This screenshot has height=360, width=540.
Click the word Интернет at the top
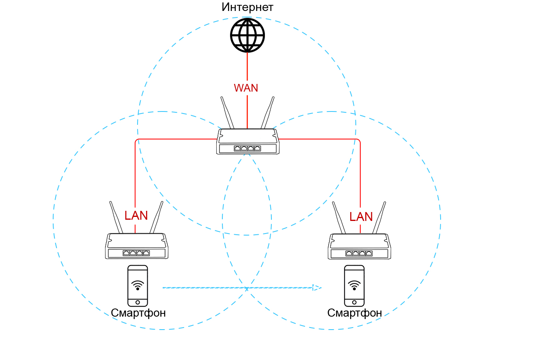click(x=247, y=7)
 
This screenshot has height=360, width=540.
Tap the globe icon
click(x=247, y=35)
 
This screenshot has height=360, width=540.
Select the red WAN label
click(x=246, y=88)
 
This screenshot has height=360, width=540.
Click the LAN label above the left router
click(x=136, y=216)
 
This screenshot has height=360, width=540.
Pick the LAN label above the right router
click(x=361, y=217)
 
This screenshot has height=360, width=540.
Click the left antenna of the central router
click(x=227, y=112)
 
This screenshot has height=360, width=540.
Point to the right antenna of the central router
click(x=268, y=112)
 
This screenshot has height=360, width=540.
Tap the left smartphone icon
click(x=138, y=285)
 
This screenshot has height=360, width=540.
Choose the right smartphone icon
click(x=355, y=285)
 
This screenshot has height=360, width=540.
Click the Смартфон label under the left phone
click(x=138, y=313)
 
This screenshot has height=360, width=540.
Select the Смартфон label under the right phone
click(x=355, y=313)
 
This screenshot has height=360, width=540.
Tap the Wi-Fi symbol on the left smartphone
click(x=138, y=285)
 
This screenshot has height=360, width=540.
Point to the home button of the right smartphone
click(x=355, y=302)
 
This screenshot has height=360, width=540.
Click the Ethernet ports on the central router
click(x=247, y=148)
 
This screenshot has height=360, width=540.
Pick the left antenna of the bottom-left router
click(x=116, y=217)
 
